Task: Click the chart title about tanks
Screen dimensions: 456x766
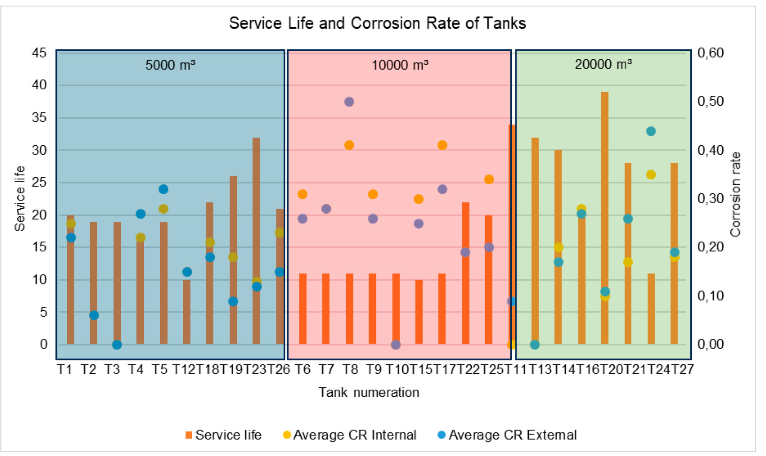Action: [377, 23]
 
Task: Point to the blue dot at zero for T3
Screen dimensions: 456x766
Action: [117, 345]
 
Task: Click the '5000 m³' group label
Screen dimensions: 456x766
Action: [170, 64]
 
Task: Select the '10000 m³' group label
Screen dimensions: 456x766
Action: [400, 64]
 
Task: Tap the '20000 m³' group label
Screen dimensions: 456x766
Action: [603, 64]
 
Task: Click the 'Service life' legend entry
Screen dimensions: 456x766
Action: [224, 435]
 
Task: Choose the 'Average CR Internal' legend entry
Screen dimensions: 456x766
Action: [350, 435]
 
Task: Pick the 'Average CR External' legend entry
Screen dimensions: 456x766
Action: [507, 435]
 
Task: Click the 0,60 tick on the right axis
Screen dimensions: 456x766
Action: [711, 53]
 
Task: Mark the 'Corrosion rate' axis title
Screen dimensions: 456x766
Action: [735, 194]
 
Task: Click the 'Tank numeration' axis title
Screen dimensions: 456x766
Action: [369, 392]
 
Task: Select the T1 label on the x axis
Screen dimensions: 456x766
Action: [65, 370]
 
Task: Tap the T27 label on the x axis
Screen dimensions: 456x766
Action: [682, 370]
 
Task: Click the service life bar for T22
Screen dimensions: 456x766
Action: [465, 273]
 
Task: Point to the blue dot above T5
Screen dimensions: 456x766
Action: [164, 189]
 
